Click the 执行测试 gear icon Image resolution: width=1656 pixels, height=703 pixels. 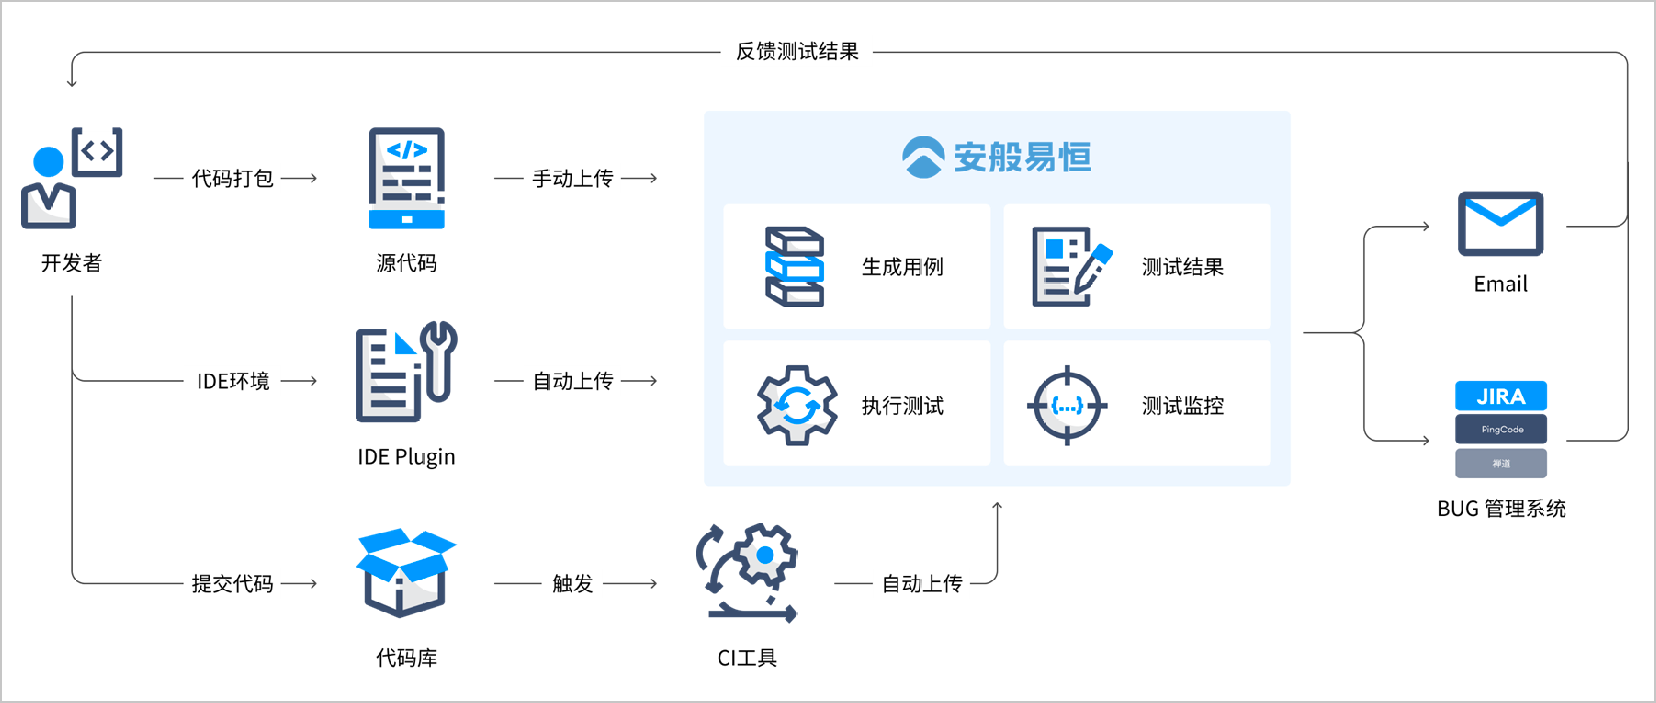(x=797, y=405)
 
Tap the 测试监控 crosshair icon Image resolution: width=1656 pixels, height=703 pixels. (x=1067, y=405)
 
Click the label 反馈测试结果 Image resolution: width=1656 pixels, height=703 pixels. (x=797, y=52)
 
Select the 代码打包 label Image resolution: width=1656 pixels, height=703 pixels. (x=233, y=178)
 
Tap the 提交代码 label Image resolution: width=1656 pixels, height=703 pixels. (x=233, y=583)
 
